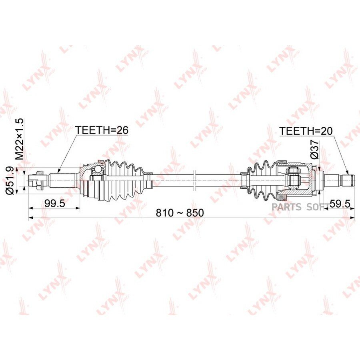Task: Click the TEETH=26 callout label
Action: coord(102,130)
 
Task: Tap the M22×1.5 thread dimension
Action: coord(20,139)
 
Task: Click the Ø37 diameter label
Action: coord(314,149)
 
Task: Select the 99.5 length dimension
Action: coord(55,203)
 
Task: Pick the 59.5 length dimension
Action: coord(340,203)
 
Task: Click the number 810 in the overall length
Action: coord(164,213)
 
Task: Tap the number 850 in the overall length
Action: coord(195,213)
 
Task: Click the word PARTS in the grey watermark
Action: coord(286,207)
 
